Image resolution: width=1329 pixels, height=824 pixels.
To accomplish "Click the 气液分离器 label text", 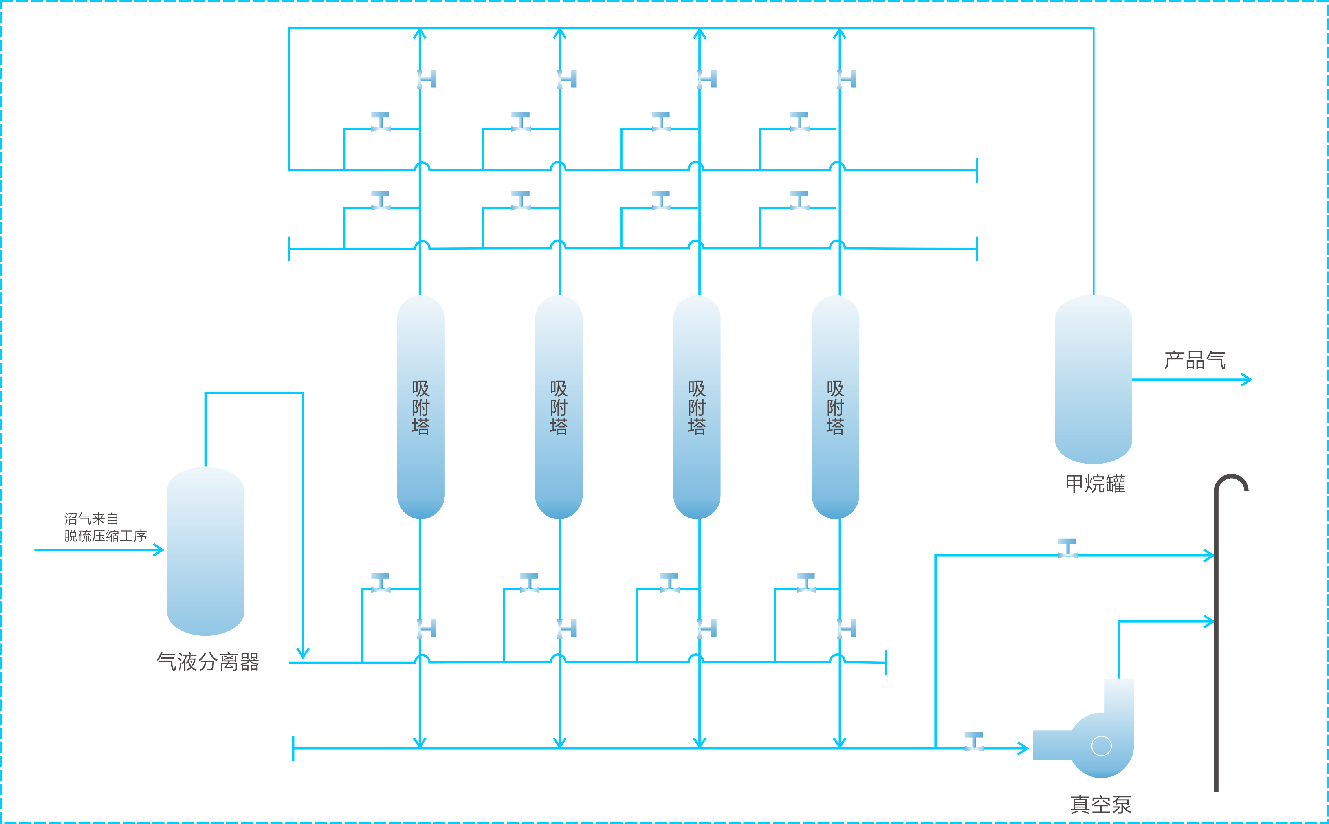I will pos(208,662).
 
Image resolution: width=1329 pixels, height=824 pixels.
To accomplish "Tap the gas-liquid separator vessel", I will pos(205,551).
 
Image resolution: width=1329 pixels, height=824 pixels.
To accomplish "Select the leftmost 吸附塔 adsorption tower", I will pos(420,407).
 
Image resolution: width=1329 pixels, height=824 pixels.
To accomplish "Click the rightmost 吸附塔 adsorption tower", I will pos(835,407).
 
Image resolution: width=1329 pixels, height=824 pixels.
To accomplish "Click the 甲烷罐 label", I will pos(1095,483).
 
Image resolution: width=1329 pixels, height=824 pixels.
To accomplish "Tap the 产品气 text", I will pos(1195,360).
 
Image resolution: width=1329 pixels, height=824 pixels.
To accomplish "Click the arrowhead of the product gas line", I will pos(1247,379).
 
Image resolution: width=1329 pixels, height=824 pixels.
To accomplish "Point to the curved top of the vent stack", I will pos(1232,479).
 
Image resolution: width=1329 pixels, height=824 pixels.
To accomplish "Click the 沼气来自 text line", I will pos(92,518).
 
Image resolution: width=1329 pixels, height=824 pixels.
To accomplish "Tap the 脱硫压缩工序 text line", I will pos(105,536).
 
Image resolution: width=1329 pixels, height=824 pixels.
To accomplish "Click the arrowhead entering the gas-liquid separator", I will pos(159,550).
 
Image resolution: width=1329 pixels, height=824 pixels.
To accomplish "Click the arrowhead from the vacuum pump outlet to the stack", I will pos(1209,621).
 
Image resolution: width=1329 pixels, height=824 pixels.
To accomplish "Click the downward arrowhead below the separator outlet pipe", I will pos(303,653).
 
